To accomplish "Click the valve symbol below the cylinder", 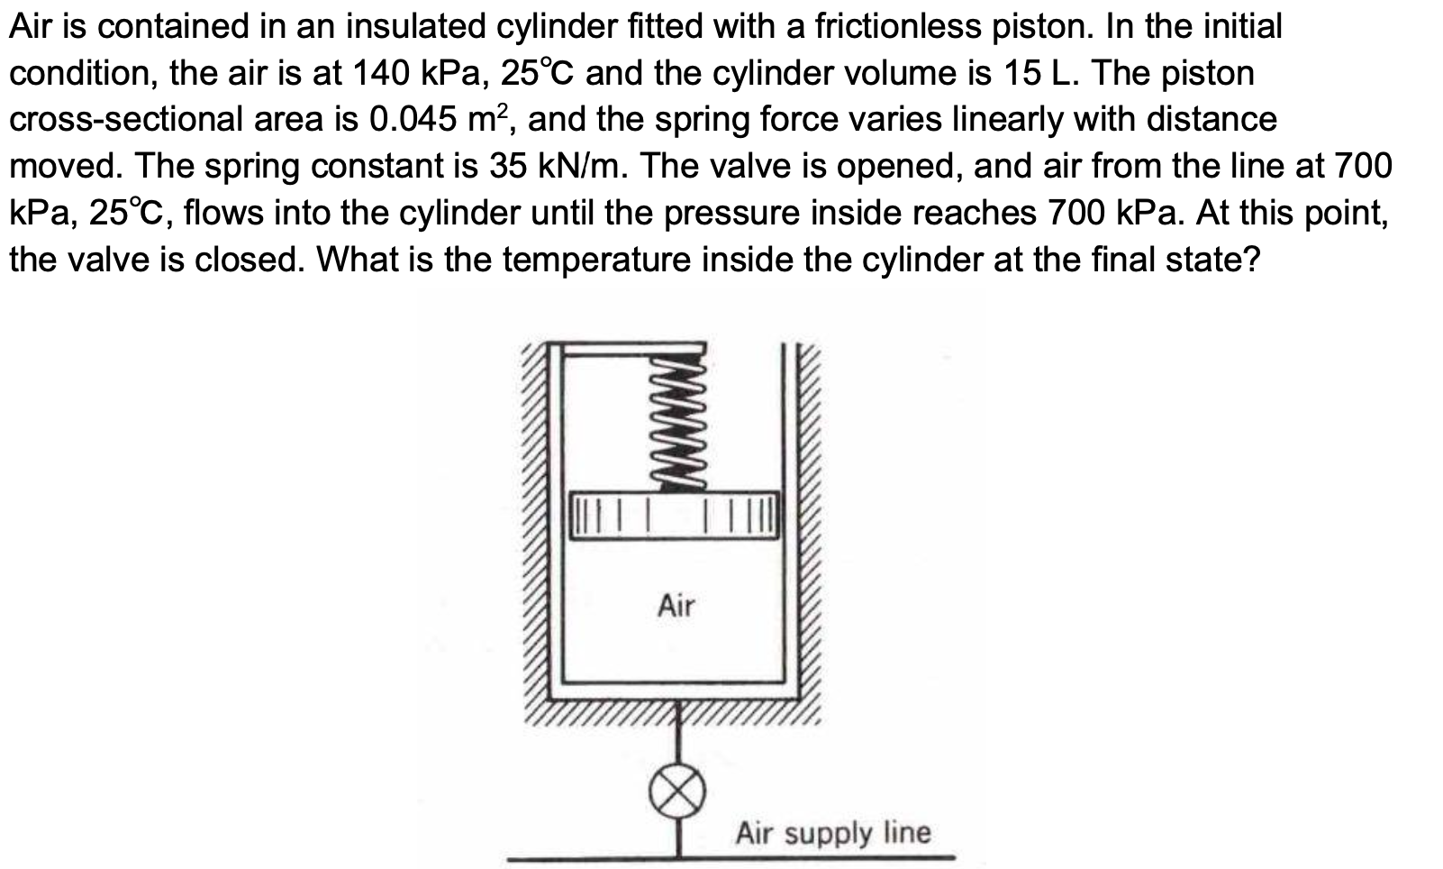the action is click(x=677, y=792).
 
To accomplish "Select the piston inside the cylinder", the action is click(x=674, y=517).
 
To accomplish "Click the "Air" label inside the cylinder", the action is click(x=676, y=606).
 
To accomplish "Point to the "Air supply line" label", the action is click(x=832, y=833).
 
